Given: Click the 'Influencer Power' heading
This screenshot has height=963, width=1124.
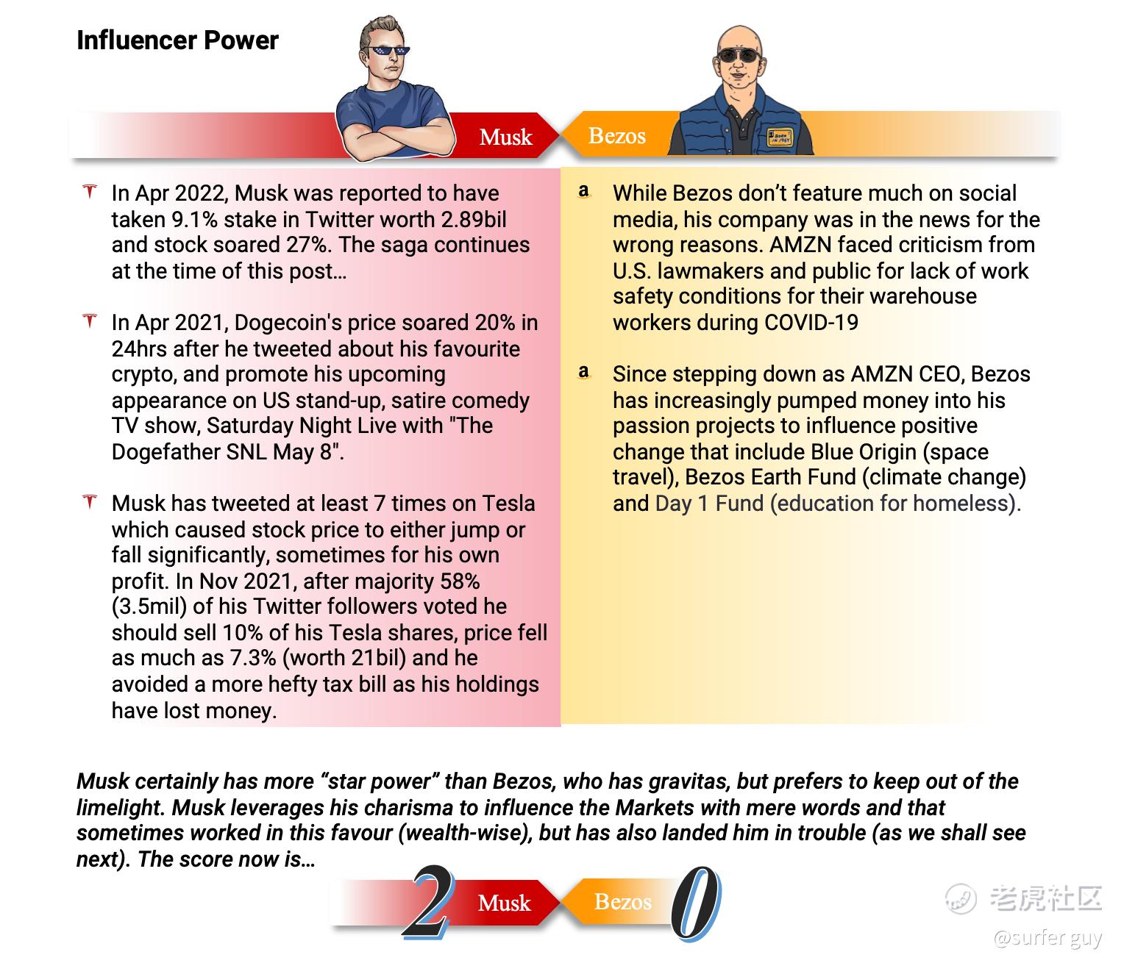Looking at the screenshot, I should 177,40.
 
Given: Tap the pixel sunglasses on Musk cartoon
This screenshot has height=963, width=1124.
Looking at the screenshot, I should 388,52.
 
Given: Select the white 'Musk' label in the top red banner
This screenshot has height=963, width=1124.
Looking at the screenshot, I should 505,137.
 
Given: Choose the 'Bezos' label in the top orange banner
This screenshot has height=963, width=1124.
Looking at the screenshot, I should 617,136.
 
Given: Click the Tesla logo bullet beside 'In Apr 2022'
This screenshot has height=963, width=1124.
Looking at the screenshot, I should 90,193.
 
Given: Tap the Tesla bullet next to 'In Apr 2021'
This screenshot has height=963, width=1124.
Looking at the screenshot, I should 90,322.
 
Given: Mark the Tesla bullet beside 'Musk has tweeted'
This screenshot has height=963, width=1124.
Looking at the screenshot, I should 90,503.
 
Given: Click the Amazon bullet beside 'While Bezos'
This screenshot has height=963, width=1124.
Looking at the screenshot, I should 584,193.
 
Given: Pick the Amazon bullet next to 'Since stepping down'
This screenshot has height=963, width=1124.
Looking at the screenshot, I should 584,373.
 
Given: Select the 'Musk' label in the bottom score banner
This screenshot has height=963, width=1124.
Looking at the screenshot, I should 504,903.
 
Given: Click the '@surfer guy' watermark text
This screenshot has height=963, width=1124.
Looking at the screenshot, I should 1047,938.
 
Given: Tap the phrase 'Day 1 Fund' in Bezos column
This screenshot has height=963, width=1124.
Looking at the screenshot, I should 709,504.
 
